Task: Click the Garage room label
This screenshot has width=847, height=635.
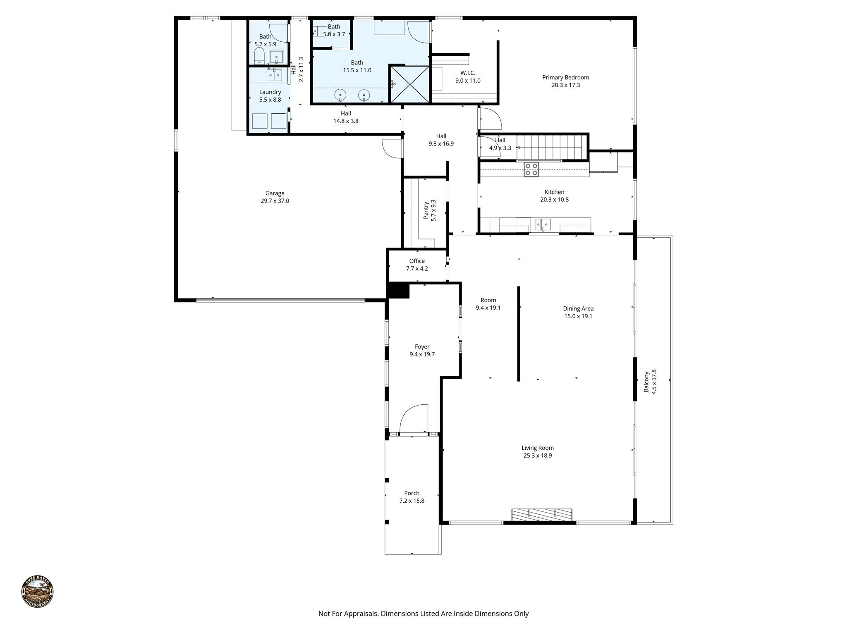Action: (275, 193)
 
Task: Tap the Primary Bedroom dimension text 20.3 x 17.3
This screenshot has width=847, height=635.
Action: (565, 85)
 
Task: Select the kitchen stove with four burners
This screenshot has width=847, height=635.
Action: (531, 169)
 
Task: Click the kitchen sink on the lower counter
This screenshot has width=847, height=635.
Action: (543, 224)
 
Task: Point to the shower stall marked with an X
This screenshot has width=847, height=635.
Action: (410, 84)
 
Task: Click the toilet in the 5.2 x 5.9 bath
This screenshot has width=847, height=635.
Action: (259, 56)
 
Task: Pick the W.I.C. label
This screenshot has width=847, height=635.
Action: (468, 73)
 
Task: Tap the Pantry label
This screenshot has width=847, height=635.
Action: (426, 210)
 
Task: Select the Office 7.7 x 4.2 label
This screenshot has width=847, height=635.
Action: (417, 265)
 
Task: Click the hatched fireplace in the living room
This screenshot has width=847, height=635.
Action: (542, 515)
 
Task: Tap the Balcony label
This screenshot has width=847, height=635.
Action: (646, 382)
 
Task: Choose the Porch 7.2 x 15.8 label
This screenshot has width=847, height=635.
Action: (412, 497)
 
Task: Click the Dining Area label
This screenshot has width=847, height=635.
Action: (578, 308)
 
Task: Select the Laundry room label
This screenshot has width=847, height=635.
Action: (270, 92)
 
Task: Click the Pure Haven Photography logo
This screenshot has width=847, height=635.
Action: (37, 591)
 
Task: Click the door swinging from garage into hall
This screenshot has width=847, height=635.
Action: (391, 148)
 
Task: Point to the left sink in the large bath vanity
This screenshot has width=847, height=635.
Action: (340, 95)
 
